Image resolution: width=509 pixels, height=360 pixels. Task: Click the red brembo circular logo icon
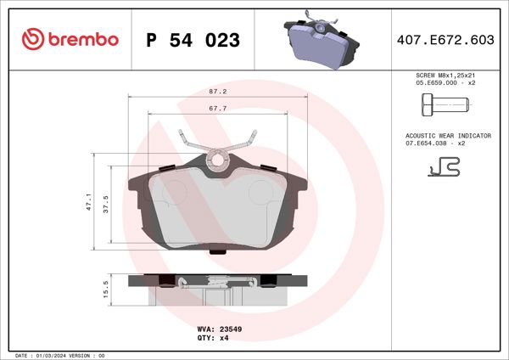coord(33,39)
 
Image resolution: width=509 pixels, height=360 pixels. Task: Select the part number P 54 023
coord(193,40)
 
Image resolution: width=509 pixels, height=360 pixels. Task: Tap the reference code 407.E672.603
coord(445,40)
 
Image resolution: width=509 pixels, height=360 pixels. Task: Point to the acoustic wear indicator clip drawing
coord(444,169)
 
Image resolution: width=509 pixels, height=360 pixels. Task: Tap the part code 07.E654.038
coord(430,143)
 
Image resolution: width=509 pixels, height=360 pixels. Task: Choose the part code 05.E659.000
coord(430,84)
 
